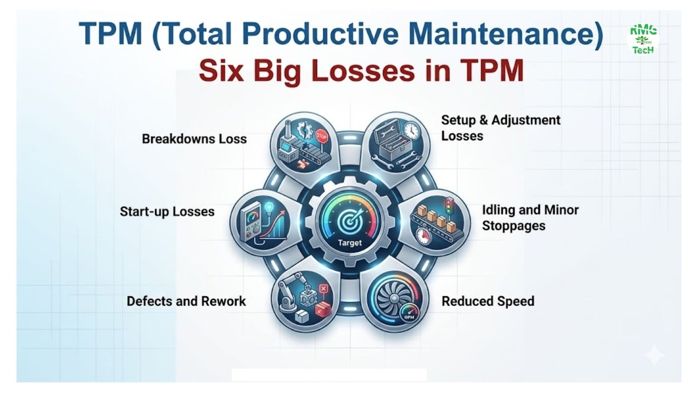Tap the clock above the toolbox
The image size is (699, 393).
click(x=411, y=131)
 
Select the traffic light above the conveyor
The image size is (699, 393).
click(x=450, y=206)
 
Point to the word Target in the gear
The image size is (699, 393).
click(x=350, y=243)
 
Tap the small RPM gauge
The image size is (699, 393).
click(x=408, y=314)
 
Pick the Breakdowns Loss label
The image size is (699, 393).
click(x=194, y=139)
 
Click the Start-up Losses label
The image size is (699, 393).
click(x=167, y=212)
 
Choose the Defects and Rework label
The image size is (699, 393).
click(x=186, y=301)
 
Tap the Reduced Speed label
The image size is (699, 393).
click(x=488, y=301)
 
